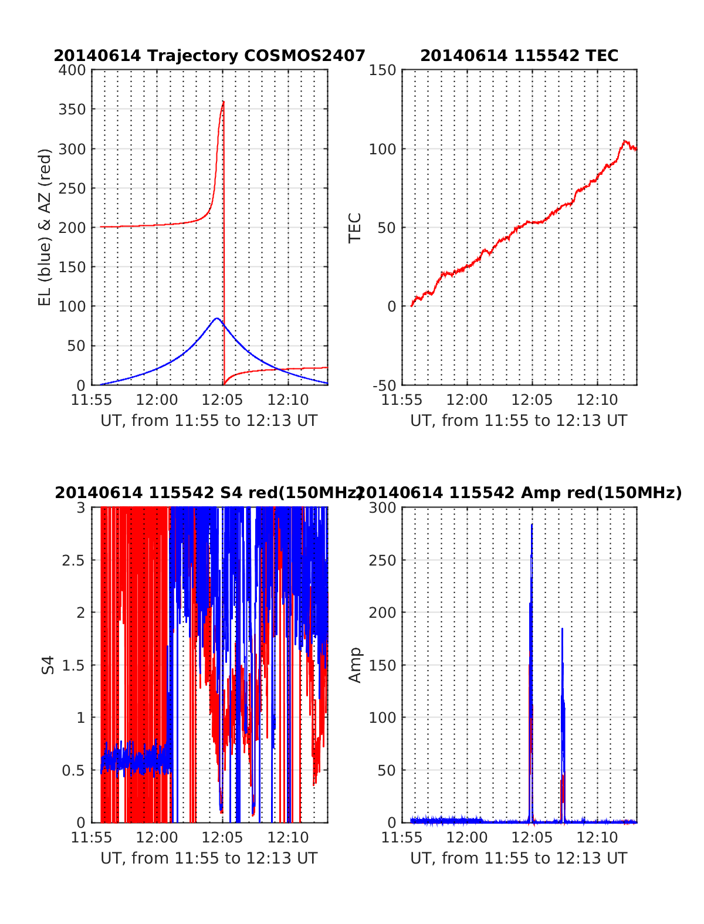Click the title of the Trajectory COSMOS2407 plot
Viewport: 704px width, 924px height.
click(209, 56)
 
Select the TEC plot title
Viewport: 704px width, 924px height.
click(519, 56)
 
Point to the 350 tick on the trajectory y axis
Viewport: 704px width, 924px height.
click(72, 110)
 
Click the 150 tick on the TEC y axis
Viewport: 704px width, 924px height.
click(383, 70)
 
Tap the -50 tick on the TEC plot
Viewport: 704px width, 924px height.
click(385, 385)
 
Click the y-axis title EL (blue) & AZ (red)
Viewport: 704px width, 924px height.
click(45, 227)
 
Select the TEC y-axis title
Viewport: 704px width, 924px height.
click(355, 228)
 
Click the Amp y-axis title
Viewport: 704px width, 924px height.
click(355, 665)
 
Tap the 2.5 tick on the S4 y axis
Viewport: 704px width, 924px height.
click(74, 560)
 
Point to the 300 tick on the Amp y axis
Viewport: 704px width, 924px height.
click(383, 507)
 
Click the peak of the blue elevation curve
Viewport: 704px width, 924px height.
click(216, 319)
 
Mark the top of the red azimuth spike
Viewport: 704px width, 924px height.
click(224, 102)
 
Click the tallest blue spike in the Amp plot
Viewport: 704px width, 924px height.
click(532, 524)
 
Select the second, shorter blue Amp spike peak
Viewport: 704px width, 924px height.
click(562, 629)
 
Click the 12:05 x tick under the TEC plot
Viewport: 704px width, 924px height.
click(532, 400)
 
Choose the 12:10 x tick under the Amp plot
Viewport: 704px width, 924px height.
click(597, 838)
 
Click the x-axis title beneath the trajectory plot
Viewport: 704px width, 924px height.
click(209, 421)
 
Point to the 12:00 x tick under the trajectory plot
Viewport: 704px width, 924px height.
click(157, 400)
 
